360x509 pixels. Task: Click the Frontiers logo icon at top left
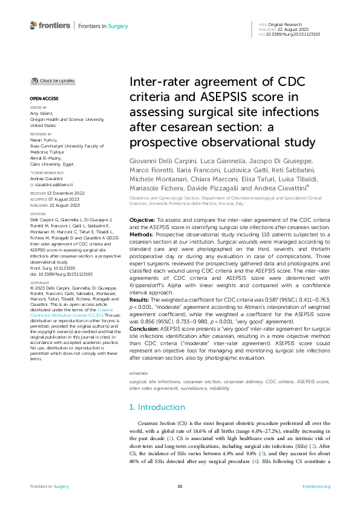[33, 25]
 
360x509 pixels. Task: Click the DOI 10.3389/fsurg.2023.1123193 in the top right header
[298, 34]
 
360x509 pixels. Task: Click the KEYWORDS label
[139, 357]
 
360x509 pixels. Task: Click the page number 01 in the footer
[180, 486]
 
